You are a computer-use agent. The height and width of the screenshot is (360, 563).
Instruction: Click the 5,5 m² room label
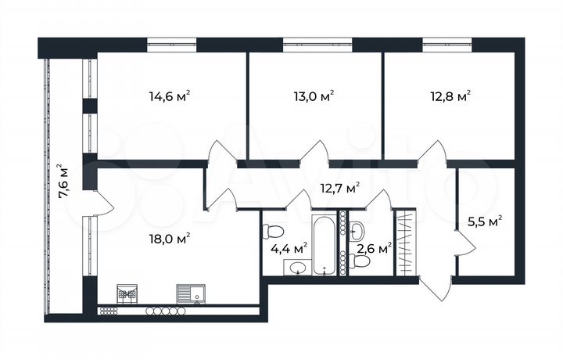pos(484,222)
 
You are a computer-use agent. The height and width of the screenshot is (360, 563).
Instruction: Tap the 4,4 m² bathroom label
pos(289,248)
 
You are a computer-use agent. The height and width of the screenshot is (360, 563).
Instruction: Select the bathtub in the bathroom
pos(324,244)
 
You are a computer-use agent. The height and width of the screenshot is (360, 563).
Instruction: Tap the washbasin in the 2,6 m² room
pos(357,229)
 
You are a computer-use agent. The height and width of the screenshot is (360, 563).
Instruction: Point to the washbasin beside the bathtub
pos(297,268)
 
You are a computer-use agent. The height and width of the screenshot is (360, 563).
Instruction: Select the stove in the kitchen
pos(126,293)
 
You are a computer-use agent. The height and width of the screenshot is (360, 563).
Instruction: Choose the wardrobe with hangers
pos(403,243)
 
